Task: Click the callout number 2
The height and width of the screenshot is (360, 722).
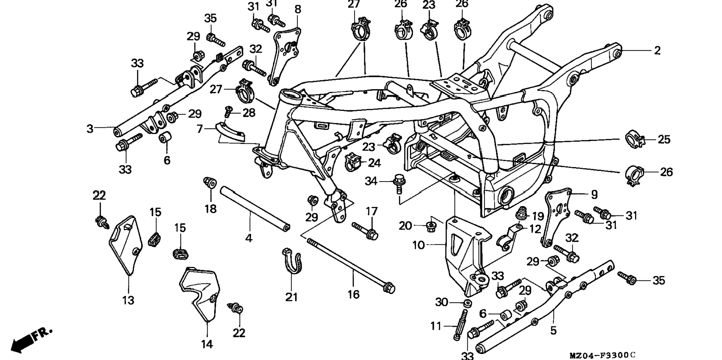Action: (x=657, y=50)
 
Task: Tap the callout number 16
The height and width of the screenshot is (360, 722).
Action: (x=353, y=294)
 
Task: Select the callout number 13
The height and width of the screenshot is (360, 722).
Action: (x=128, y=300)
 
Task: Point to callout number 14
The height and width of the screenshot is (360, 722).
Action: (x=207, y=344)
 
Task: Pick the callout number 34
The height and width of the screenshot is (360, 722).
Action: (x=371, y=181)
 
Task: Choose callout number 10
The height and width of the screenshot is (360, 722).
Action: (x=418, y=245)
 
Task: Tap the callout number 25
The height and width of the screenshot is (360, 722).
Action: (x=664, y=140)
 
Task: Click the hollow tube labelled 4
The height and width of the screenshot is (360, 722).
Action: (x=255, y=210)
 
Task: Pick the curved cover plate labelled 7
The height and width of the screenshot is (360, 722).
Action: (x=231, y=132)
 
